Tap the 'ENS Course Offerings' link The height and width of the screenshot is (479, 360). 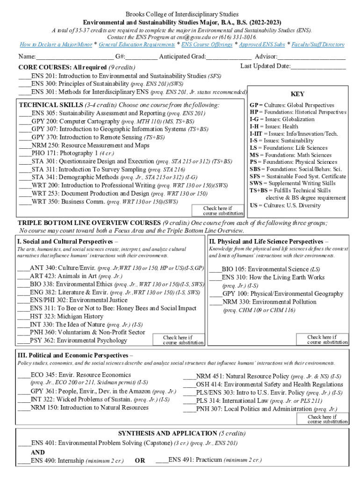coord(207,44)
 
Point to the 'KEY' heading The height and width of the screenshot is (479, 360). coord(297,94)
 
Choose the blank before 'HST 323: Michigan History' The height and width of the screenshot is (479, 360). coord(24,317)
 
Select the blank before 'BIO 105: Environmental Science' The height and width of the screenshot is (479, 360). coord(216,269)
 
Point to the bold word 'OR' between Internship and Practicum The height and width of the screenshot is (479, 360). coord(140,461)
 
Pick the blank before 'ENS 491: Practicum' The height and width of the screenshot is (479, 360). coord(162,460)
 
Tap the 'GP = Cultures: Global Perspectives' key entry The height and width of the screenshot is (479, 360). coord(292,105)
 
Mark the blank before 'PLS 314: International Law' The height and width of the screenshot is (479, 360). coord(189,401)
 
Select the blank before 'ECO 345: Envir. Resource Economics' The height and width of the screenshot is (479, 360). coord(24,375)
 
